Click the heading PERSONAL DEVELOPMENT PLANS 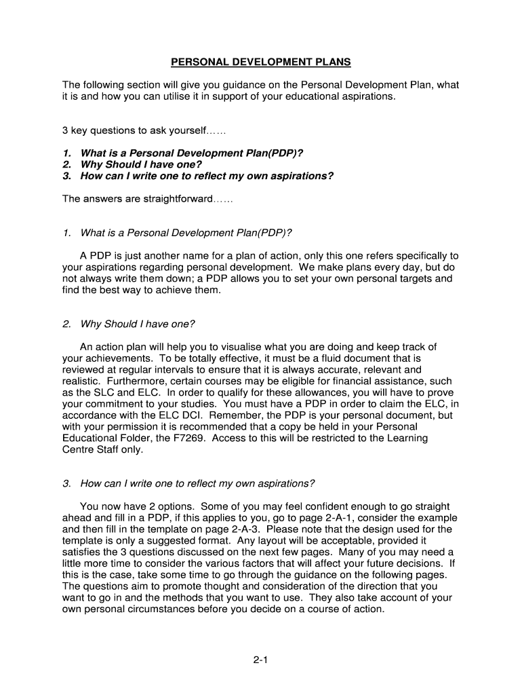tap(261, 62)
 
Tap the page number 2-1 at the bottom tap(261, 658)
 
